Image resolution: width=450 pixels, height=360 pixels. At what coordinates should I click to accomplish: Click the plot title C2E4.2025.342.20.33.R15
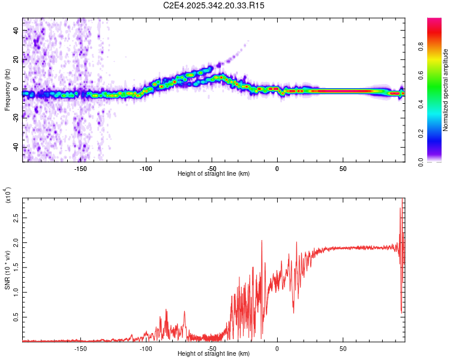click(214, 5)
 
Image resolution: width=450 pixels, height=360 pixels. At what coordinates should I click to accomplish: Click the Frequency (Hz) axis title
click(7, 90)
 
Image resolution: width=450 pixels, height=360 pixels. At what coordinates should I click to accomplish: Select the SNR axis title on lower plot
click(8, 271)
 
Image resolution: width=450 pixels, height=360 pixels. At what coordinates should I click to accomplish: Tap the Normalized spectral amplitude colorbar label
click(446, 90)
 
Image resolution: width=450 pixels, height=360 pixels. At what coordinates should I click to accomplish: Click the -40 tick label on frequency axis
click(16, 148)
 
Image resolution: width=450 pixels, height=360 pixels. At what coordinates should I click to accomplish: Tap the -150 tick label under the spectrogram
click(80, 169)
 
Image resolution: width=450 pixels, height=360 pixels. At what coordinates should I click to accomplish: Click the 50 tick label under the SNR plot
click(343, 348)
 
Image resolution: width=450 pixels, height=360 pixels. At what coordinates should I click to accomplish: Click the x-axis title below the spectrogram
click(214, 174)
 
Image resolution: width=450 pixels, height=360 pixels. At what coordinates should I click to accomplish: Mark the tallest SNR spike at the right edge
click(401, 207)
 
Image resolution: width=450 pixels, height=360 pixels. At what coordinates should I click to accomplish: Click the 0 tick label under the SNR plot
click(277, 348)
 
